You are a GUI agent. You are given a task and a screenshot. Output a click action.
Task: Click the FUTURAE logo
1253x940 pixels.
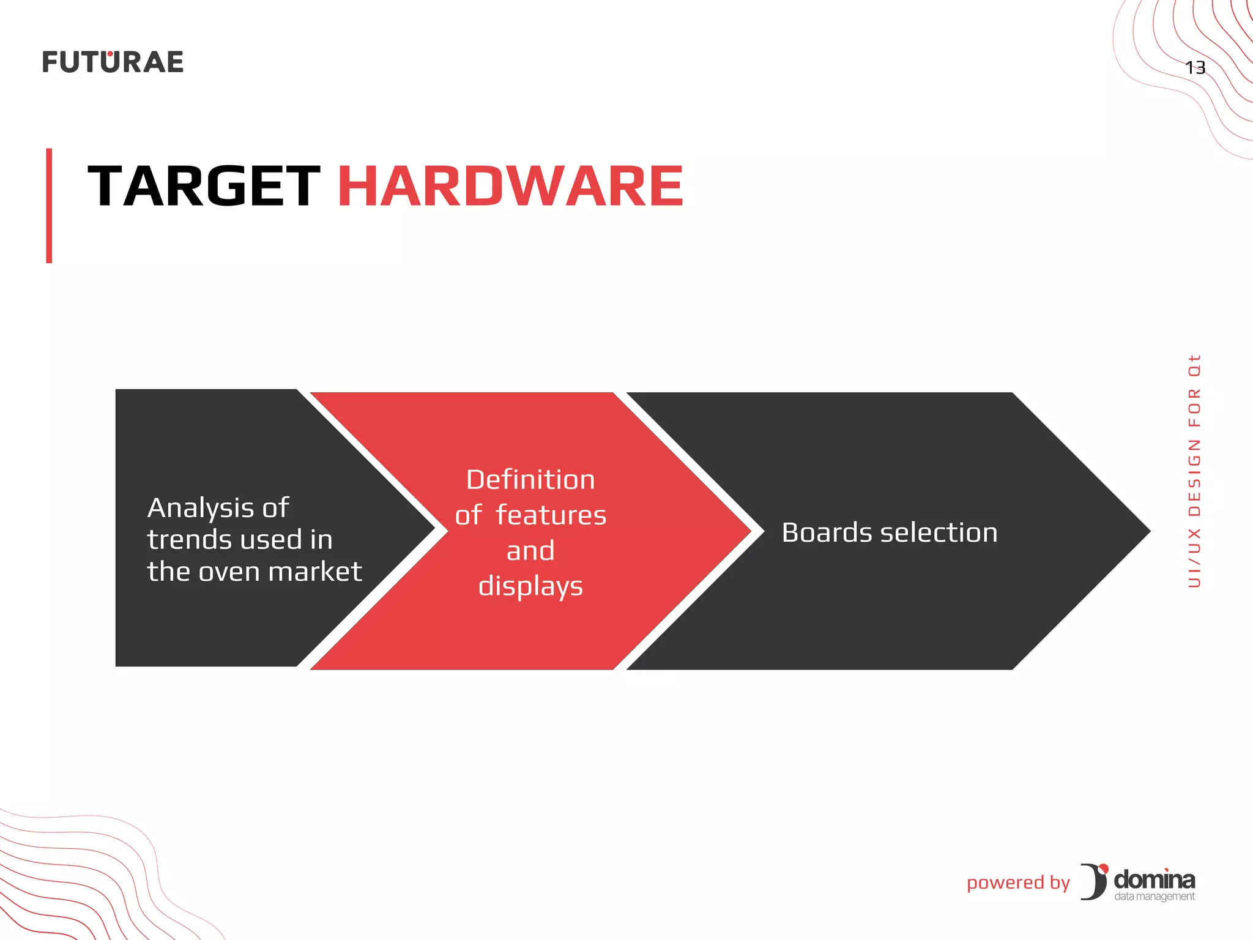113,62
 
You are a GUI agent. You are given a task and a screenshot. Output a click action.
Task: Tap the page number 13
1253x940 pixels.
1195,67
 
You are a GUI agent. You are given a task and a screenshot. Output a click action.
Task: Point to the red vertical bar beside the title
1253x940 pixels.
49,206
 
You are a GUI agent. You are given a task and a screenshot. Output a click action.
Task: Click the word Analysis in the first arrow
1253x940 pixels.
201,508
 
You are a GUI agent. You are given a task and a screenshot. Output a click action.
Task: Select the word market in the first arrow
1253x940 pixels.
315,572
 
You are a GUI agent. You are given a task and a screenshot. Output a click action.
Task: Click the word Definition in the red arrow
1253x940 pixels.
530,479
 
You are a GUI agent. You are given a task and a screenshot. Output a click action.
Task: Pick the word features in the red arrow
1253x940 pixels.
551,515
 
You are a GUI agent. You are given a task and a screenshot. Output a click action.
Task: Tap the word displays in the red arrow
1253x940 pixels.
530,586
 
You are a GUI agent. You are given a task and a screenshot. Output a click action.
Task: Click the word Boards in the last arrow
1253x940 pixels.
827,532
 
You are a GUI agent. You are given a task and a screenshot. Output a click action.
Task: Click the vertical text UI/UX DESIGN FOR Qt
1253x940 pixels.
1194,471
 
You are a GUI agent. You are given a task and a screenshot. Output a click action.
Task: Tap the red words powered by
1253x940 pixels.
1018,882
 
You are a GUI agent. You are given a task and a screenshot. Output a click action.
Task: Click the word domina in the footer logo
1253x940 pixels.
1154,879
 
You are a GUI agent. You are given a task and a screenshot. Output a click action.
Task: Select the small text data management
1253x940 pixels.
1154,897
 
